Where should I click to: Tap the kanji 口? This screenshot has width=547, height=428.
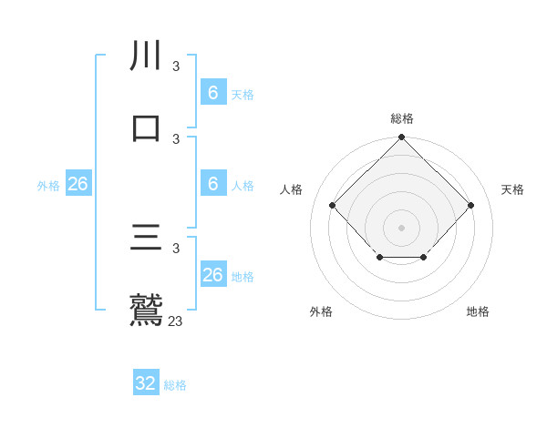click(146, 128)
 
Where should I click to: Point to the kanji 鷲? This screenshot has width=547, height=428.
click(146, 309)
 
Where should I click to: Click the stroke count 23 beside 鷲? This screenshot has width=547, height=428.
click(175, 321)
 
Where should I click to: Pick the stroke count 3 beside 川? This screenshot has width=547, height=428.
click(176, 66)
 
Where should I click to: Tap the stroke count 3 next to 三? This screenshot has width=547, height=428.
click(176, 248)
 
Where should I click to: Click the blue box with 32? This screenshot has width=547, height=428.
click(146, 383)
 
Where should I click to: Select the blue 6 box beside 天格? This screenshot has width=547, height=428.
click(212, 93)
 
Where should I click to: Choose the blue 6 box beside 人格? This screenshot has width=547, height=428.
click(212, 184)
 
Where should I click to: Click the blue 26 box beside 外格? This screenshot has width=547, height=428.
click(77, 184)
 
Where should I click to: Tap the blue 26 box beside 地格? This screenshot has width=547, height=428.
click(212, 275)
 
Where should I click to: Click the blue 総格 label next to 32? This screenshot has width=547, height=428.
click(175, 385)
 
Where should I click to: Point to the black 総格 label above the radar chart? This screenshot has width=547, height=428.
click(402, 118)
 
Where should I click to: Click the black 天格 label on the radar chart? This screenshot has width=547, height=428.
click(512, 189)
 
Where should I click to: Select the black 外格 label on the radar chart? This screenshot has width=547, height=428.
click(321, 311)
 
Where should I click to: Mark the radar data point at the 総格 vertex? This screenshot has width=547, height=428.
click(401, 138)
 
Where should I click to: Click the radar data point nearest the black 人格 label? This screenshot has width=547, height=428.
click(333, 205)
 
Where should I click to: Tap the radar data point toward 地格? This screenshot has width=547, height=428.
click(424, 259)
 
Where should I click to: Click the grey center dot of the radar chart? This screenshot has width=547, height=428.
click(401, 227)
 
